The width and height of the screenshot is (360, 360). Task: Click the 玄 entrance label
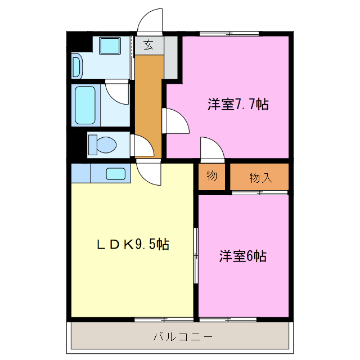[x=148, y=45]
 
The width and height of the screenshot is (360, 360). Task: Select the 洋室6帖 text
[x=242, y=256]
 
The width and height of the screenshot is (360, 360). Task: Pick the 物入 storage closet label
[x=260, y=178]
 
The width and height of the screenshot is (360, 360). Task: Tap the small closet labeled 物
[x=211, y=176]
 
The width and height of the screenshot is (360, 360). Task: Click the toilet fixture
[x=102, y=145]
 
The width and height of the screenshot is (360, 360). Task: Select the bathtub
[x=85, y=106]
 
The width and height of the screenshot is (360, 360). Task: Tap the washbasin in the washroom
[x=76, y=66]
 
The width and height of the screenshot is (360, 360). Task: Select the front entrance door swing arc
[x=150, y=21]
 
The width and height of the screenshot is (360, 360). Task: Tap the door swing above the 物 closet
[x=213, y=149]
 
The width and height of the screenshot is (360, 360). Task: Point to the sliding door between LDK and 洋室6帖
[x=196, y=256]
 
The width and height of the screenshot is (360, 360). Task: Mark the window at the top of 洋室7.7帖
[x=230, y=34]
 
